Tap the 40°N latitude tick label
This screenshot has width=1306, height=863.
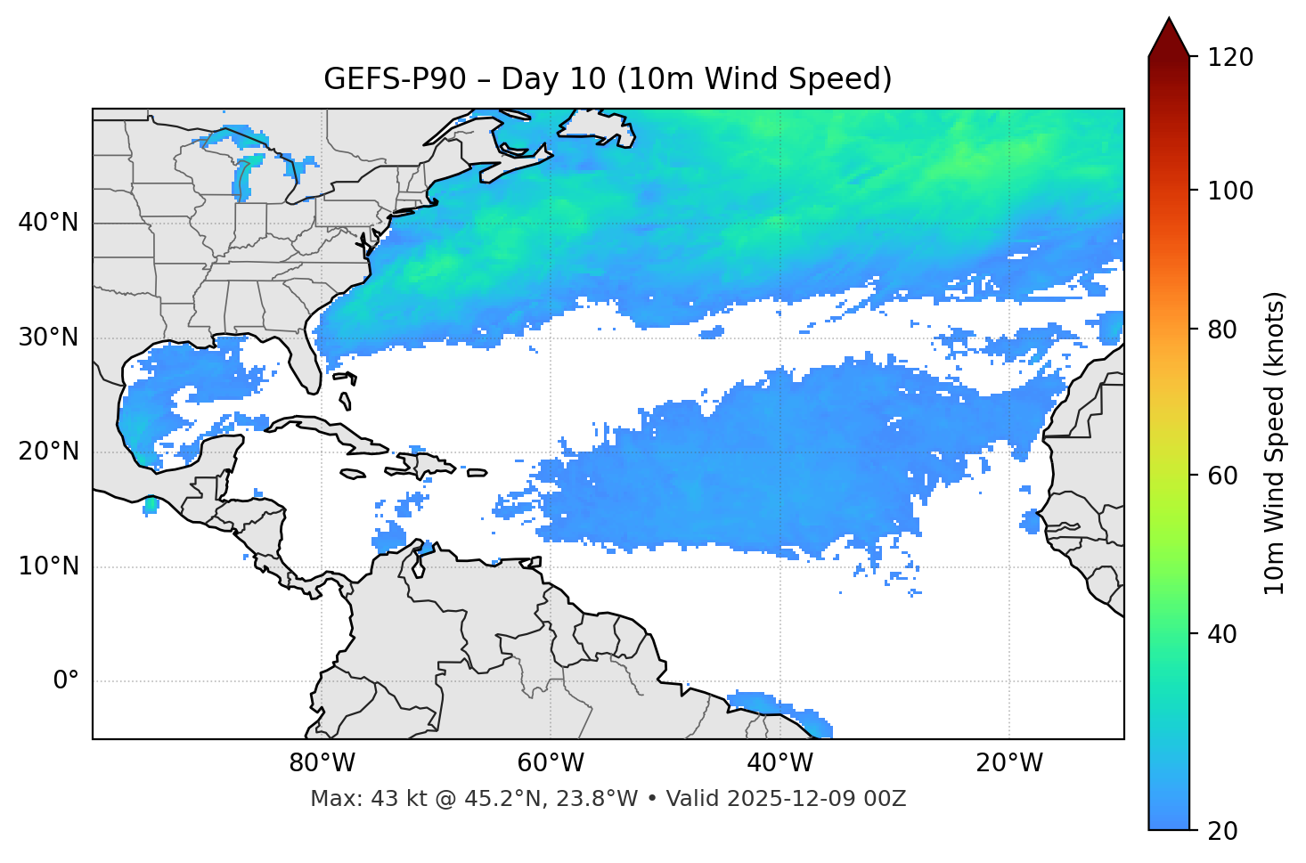tap(48, 223)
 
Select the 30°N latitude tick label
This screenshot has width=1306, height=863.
tap(48, 338)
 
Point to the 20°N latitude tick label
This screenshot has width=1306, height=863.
tap(48, 452)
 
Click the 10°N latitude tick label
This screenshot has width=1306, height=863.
tap(48, 566)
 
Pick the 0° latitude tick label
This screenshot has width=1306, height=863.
tap(66, 681)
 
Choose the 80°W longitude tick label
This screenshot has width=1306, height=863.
tap(322, 763)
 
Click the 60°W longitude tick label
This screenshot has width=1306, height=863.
tap(551, 763)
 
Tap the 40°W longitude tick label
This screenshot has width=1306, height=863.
tap(780, 763)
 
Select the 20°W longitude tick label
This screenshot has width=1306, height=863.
tap(1008, 763)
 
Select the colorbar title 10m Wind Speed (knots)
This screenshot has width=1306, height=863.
tap(1275, 443)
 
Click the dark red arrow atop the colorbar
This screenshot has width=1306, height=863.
tap(1169, 38)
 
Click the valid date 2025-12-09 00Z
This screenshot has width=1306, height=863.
tap(816, 799)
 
